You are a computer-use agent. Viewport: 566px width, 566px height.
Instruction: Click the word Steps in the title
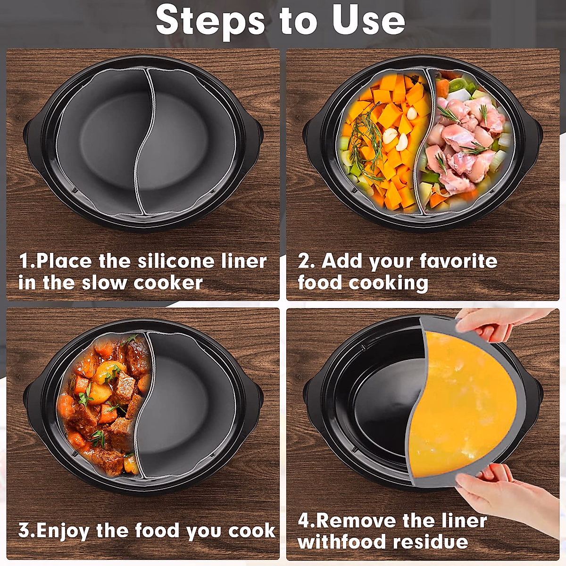pos(210,21)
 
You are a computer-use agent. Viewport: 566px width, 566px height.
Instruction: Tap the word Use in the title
pos(368,20)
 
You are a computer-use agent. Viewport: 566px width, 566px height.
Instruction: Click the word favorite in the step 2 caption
pos(458,261)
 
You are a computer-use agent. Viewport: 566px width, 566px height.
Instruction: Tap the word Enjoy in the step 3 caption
pos(63,531)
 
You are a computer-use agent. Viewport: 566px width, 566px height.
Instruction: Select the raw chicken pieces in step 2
pos(465,141)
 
